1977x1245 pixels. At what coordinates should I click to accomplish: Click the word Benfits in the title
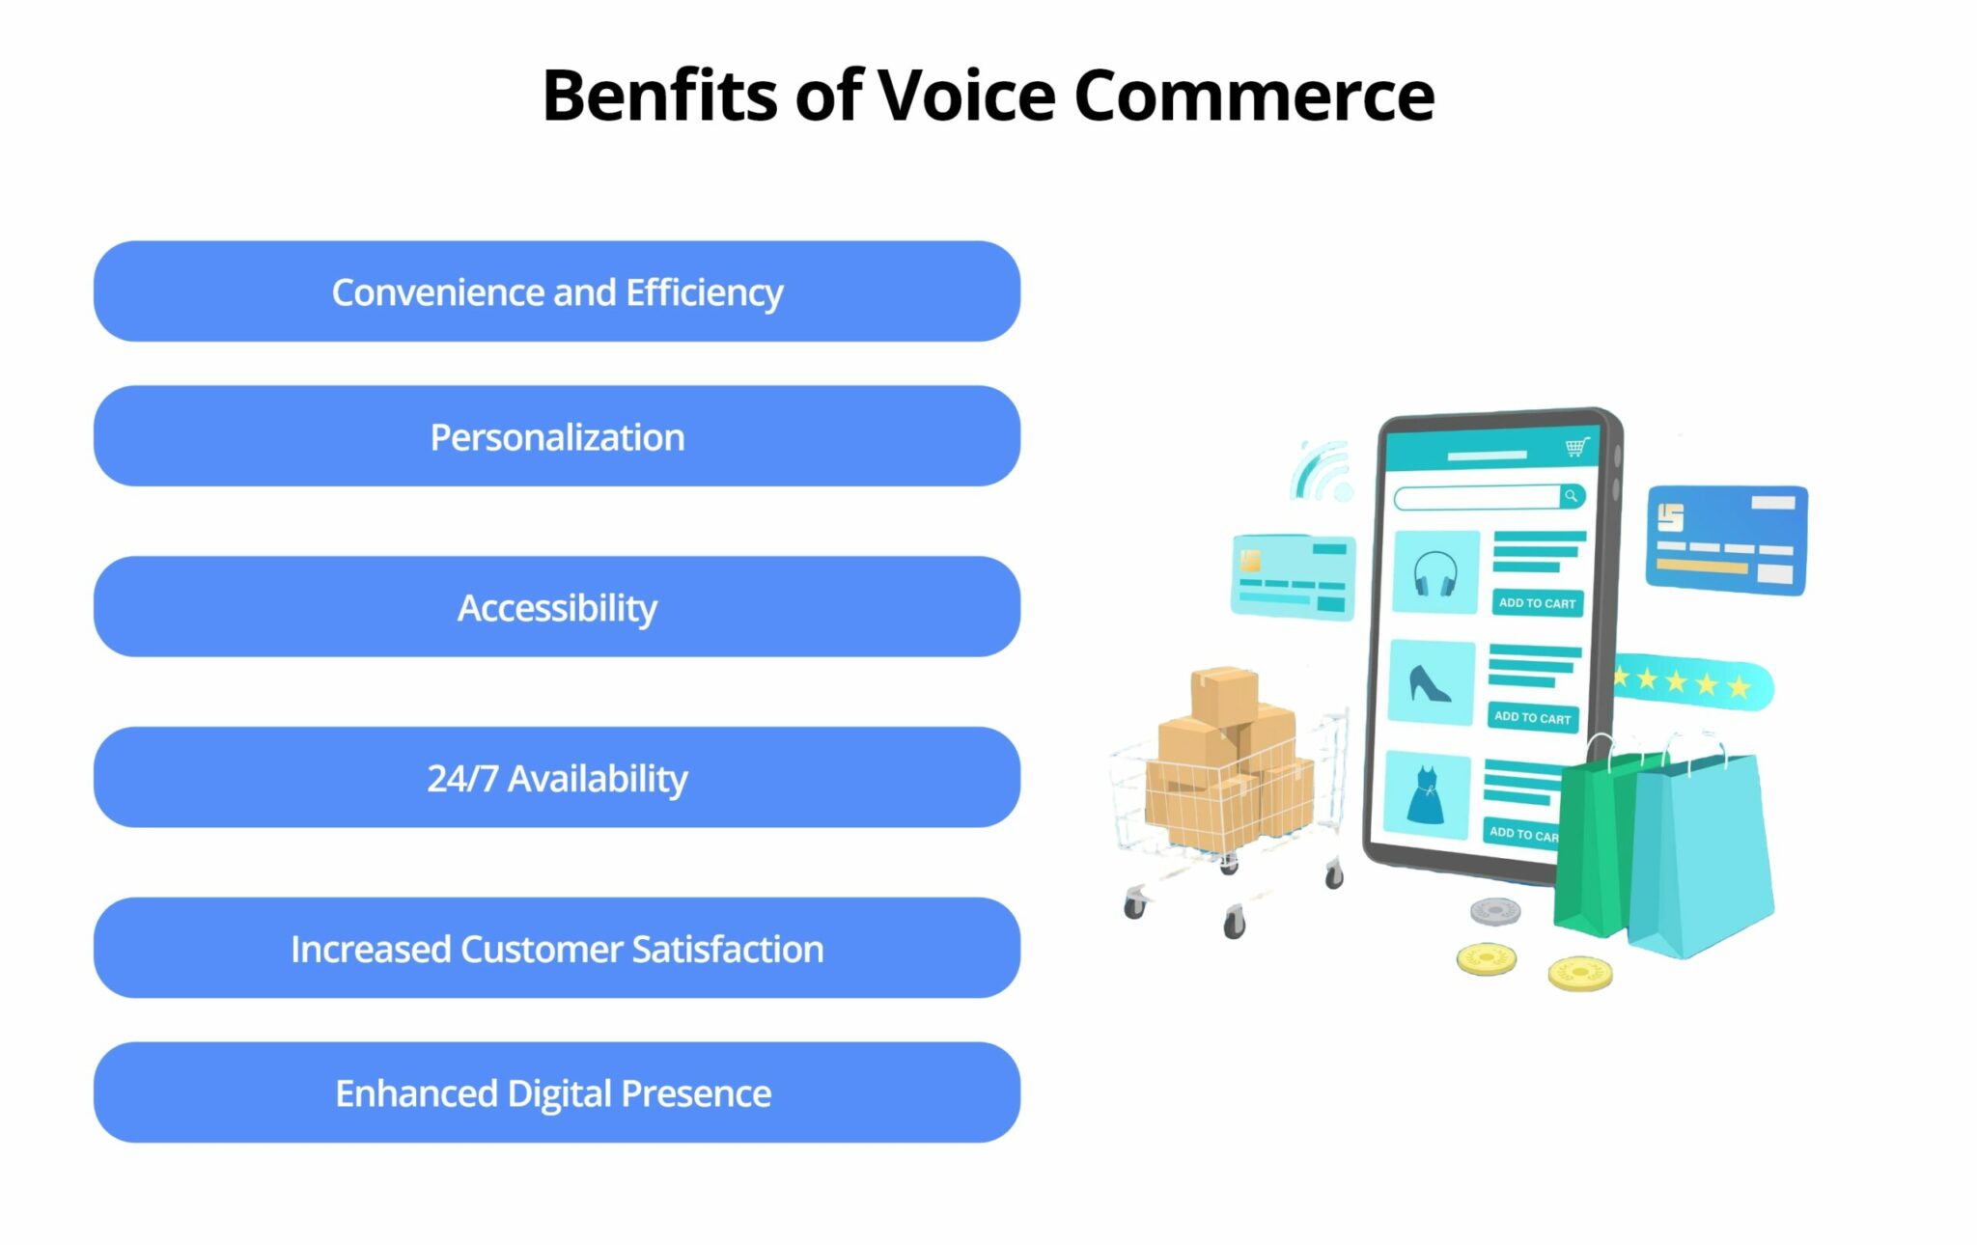(x=660, y=96)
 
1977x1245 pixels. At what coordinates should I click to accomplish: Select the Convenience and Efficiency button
(x=557, y=291)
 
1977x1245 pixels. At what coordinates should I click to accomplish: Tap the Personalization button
(x=557, y=437)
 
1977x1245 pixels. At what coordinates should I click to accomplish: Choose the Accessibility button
(x=557, y=607)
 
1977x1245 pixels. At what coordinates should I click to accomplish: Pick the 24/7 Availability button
(x=557, y=778)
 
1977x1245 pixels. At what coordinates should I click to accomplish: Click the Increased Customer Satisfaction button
(x=557, y=949)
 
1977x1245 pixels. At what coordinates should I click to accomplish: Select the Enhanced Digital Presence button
(x=557, y=1093)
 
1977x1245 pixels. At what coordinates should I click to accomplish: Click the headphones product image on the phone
(x=1435, y=572)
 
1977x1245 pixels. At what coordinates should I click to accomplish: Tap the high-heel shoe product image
(x=1431, y=682)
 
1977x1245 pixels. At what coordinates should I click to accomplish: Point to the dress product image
(x=1426, y=794)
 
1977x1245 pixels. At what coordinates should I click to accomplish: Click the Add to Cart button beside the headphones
(x=1537, y=603)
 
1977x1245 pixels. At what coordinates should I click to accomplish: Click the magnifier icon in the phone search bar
(x=1572, y=496)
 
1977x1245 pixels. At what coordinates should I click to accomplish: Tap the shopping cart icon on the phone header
(x=1576, y=447)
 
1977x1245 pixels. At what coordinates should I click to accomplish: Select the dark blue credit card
(x=1726, y=539)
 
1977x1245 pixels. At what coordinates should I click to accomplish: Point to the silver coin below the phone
(x=1495, y=910)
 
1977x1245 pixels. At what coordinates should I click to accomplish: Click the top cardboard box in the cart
(x=1224, y=694)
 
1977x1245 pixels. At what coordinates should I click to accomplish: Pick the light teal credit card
(x=1293, y=576)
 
